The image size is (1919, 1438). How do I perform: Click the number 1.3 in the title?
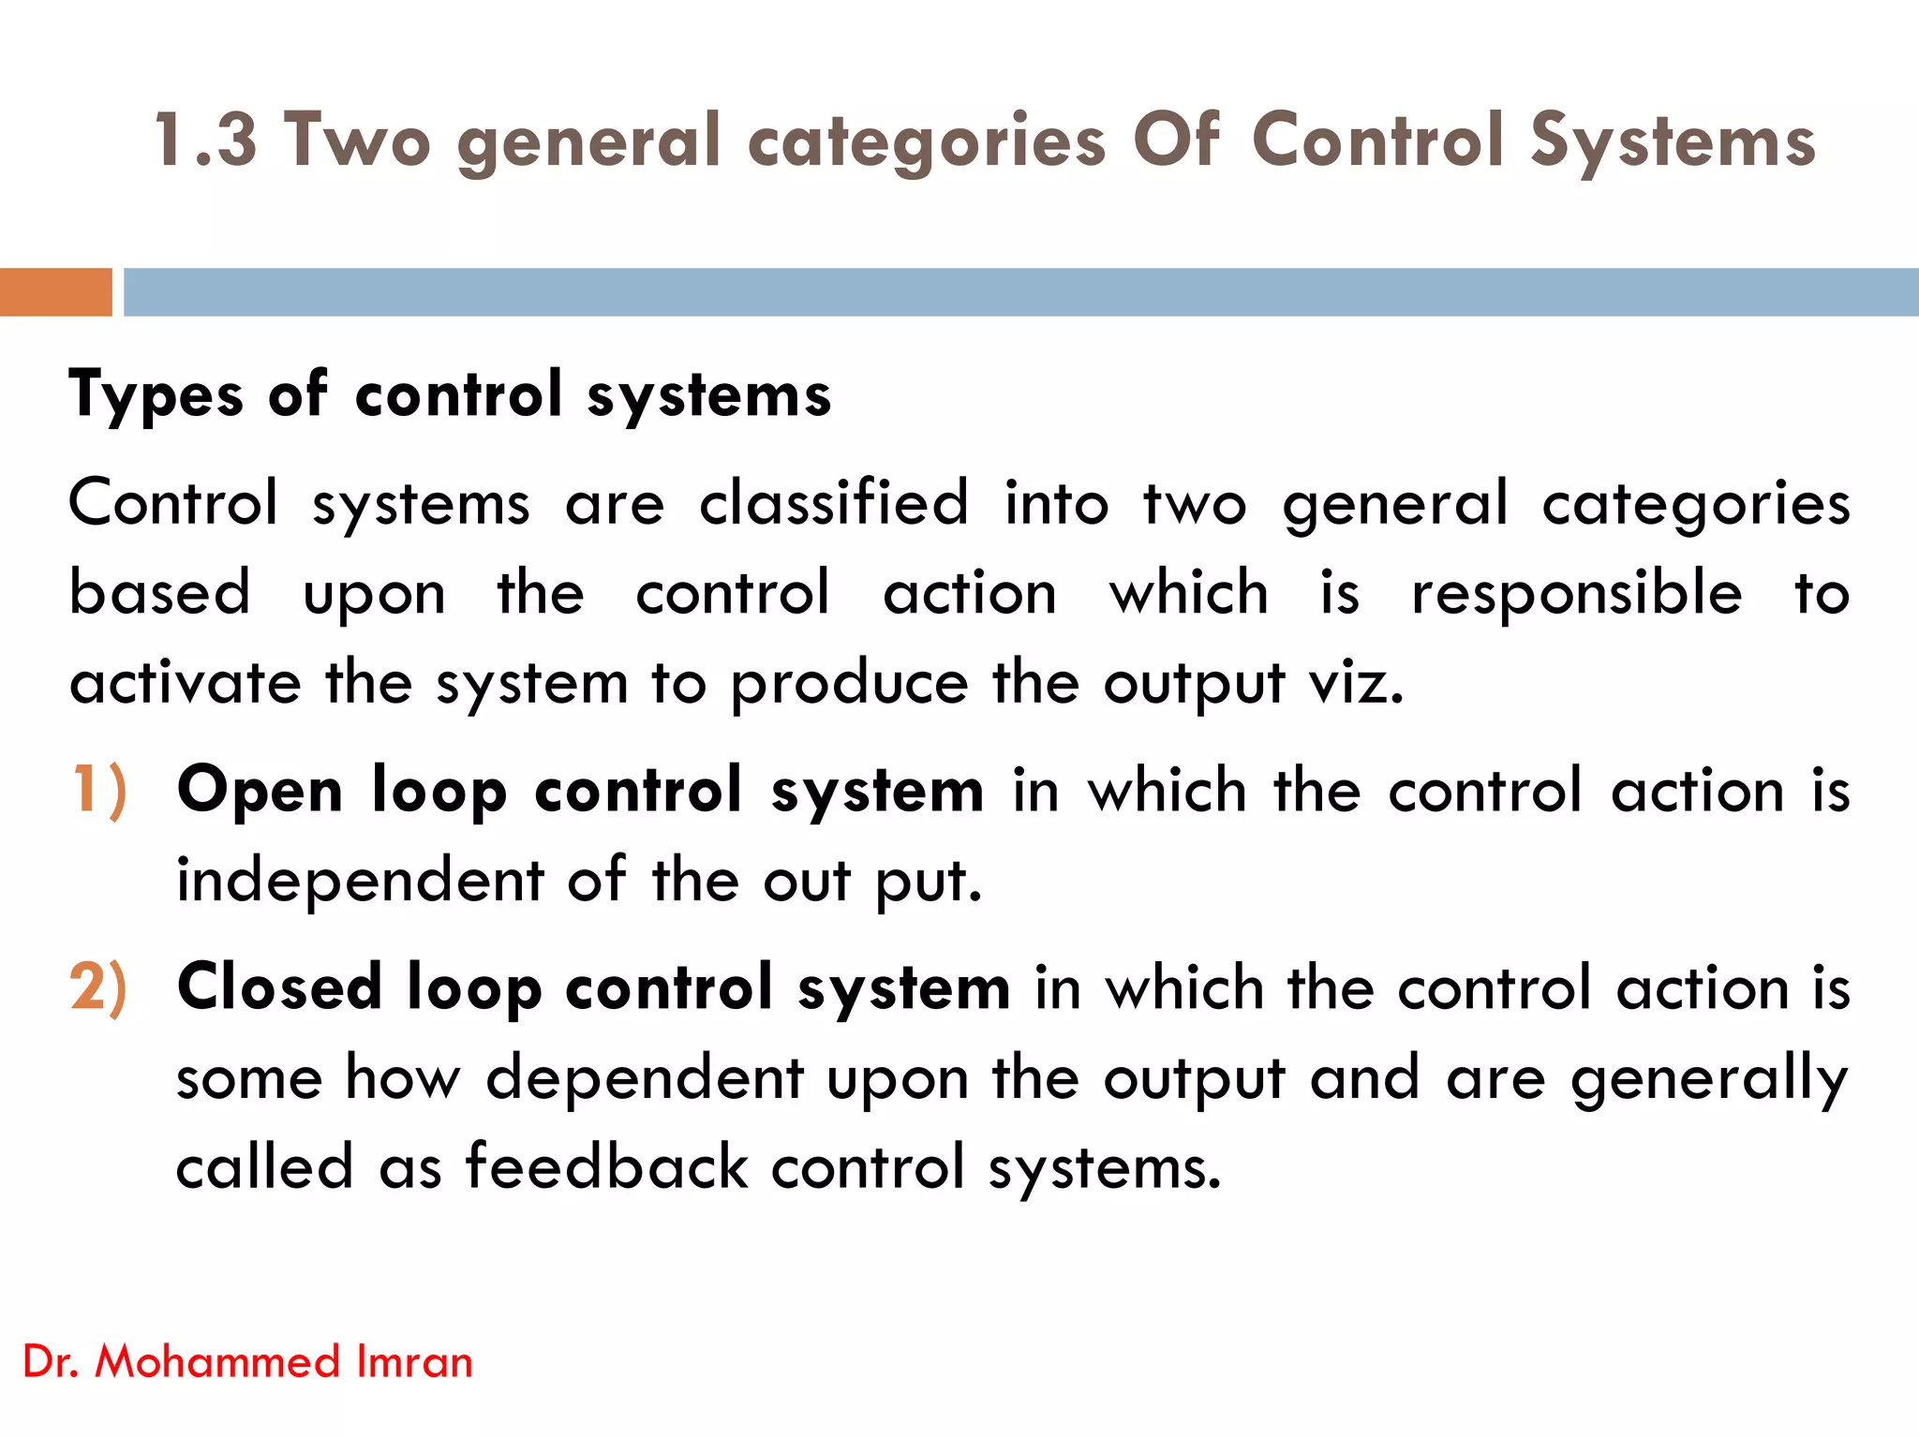point(204,141)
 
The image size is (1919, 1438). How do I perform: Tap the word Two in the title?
point(358,141)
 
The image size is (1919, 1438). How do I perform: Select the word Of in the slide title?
point(1177,141)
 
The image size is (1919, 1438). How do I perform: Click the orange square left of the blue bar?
point(55,292)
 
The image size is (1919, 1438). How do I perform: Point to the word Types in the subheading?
point(156,395)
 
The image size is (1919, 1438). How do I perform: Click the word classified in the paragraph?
point(834,503)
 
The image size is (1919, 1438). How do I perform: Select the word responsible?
point(1577,593)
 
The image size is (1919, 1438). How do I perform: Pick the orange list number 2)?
point(98,987)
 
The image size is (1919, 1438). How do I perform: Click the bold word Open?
point(260,792)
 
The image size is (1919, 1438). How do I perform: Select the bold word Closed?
point(279,987)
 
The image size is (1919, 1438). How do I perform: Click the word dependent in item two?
point(645,1078)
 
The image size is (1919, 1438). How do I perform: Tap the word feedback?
point(607,1168)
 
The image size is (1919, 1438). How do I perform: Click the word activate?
point(186,683)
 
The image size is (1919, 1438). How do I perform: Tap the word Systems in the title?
point(1674,141)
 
